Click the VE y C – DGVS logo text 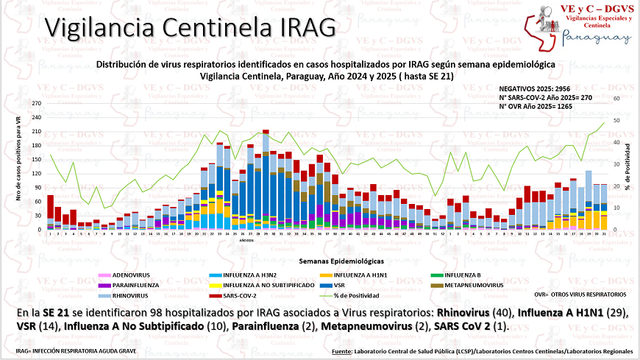(x=587, y=8)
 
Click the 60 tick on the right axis (x=617, y=98)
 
